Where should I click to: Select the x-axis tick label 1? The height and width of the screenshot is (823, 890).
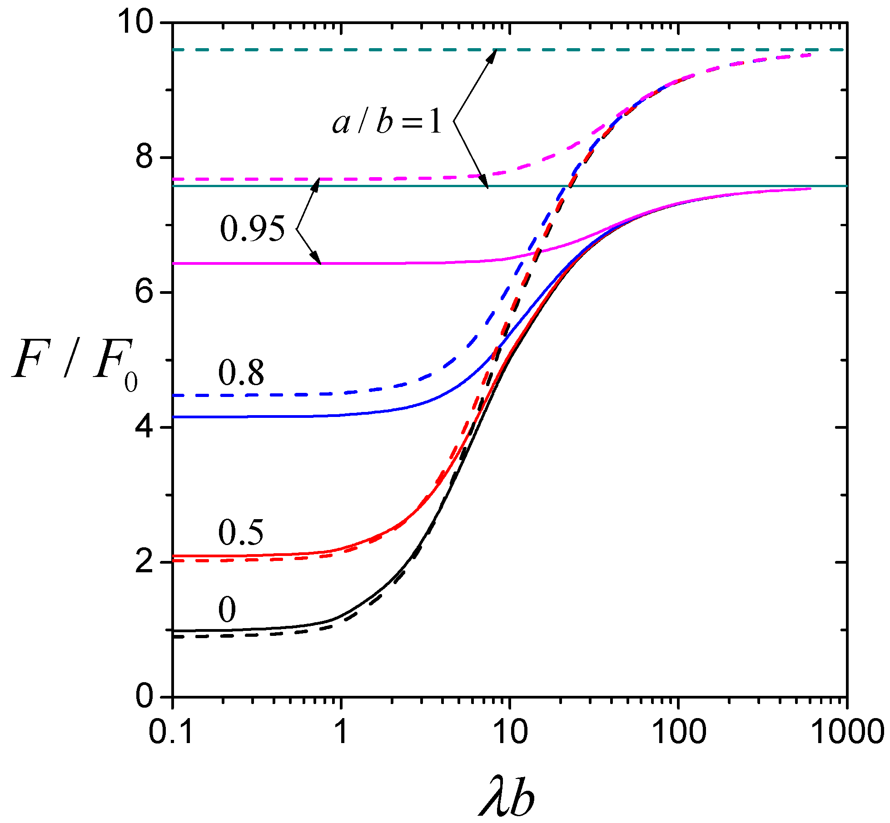pos(341,732)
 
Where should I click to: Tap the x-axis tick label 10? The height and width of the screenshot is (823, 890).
pos(510,732)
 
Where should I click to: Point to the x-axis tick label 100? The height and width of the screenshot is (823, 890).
pos(679,732)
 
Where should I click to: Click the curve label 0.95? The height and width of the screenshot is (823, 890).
pos(252,228)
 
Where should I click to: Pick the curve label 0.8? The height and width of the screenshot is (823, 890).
pos(241,373)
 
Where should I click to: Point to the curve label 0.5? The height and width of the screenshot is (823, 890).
pos(241,532)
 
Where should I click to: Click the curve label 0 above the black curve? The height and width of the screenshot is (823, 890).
pos(227,610)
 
